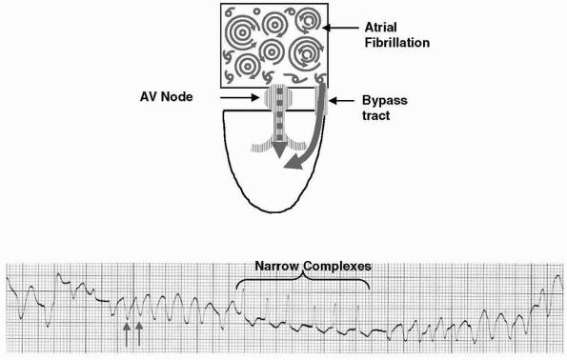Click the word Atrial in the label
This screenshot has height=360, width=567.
[380, 27]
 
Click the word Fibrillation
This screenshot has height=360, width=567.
[397, 43]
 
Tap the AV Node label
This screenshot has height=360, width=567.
[167, 97]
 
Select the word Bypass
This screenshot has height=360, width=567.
[385, 101]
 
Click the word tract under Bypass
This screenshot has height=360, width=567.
[376, 115]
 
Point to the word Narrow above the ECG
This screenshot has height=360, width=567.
[277, 267]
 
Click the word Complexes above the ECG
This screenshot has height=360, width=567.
[337, 267]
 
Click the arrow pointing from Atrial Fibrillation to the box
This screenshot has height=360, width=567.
[340, 28]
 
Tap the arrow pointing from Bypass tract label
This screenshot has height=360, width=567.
[342, 101]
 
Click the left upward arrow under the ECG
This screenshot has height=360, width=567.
[127, 334]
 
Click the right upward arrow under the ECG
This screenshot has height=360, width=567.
[139, 334]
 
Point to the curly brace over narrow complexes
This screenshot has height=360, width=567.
[303, 281]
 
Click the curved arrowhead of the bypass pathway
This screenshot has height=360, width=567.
[293, 164]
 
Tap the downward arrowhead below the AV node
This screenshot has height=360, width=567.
[278, 150]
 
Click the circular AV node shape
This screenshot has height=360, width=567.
[278, 97]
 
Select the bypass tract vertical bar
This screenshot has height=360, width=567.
[321, 98]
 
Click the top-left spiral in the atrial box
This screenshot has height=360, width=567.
[242, 31]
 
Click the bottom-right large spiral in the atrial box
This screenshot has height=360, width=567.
[307, 54]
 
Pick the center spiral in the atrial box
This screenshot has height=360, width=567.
[272, 52]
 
